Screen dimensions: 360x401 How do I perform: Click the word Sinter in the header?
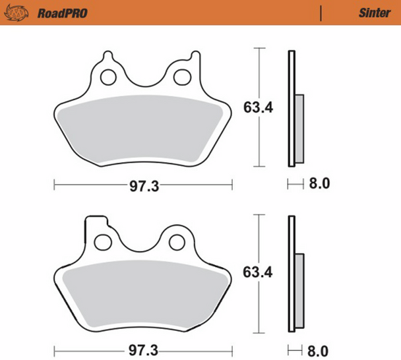click(374, 13)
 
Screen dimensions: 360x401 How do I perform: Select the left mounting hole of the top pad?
click(108, 76)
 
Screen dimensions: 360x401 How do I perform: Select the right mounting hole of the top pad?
click(181, 76)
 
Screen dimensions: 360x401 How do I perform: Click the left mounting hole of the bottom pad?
click(103, 242)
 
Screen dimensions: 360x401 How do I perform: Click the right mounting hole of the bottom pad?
click(177, 242)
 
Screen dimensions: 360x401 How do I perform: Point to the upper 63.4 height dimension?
click(258, 107)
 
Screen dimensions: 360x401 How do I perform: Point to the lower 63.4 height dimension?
click(258, 272)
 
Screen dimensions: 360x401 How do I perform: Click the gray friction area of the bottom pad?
click(142, 290)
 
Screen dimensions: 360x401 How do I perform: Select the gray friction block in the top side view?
click(299, 129)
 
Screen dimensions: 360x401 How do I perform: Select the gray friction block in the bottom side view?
click(299, 290)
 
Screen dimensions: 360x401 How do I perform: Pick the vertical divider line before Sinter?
click(321, 13)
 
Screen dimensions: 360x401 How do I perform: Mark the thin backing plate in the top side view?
click(290, 108)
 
